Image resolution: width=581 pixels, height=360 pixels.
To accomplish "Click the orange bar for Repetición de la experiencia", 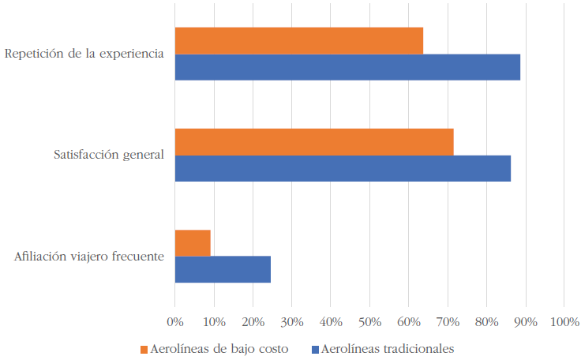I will (x=298, y=41).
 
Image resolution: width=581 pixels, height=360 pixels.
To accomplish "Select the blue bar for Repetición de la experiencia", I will (x=347, y=67).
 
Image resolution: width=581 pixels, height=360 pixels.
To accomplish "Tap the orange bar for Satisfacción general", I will (x=314, y=142).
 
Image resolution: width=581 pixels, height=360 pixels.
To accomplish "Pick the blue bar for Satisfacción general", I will (x=343, y=168).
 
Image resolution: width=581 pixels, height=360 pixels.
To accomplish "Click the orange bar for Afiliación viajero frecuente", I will (x=193, y=243).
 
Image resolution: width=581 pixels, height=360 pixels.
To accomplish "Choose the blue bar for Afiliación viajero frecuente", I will (x=223, y=269).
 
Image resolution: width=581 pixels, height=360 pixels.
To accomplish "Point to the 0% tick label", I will (x=174, y=322).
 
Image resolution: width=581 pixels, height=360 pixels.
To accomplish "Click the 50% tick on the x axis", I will (x=369, y=322).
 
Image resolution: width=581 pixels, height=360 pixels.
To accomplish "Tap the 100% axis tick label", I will (x=564, y=322).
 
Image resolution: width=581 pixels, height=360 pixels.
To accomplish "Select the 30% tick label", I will (x=291, y=322).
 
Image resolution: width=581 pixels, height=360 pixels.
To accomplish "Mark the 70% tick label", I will (x=447, y=322).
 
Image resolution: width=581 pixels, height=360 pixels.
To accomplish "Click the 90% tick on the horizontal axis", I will (x=525, y=322).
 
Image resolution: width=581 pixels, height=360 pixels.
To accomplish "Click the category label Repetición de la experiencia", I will (x=84, y=54).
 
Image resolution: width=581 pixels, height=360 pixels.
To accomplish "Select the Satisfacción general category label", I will (x=109, y=155).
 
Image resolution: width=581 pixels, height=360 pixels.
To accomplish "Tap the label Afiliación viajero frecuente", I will (x=89, y=256).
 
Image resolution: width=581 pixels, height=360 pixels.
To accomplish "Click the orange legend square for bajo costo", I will (x=144, y=349).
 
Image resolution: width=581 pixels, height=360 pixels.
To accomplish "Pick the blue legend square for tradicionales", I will (x=315, y=349).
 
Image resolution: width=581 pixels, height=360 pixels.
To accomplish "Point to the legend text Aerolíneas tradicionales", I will (x=388, y=348).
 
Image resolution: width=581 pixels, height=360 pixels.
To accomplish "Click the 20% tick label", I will (x=253, y=322).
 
